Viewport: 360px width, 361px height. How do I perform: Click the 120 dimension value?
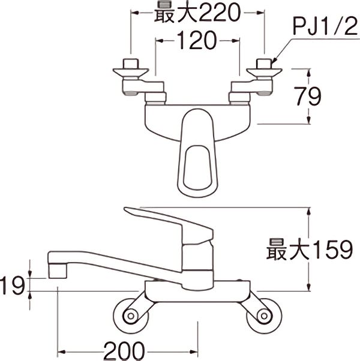click(x=196, y=41)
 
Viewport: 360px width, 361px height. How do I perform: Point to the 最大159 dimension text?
click(x=309, y=249)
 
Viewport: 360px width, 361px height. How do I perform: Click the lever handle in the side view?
click(x=162, y=219)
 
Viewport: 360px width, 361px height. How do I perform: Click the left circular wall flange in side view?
click(x=129, y=315)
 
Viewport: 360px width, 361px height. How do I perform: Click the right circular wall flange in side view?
click(x=264, y=315)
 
